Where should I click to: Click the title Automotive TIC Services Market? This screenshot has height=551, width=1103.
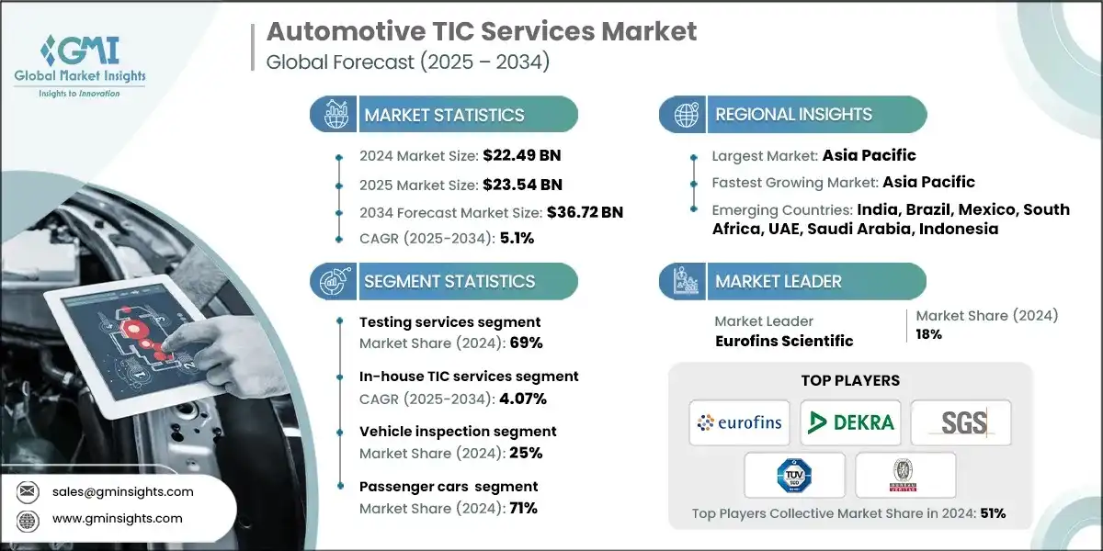pos(481,31)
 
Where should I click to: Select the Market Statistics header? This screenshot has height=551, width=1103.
pos(444,115)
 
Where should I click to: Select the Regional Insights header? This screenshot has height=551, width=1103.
pos(793,115)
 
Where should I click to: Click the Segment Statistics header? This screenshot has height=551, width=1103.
pos(449,281)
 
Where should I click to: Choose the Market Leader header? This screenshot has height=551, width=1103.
pos(778,281)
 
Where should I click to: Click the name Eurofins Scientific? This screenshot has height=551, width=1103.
pos(783,341)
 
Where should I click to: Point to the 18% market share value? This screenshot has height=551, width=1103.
pos(928,334)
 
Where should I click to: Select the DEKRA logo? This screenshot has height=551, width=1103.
pos(850,422)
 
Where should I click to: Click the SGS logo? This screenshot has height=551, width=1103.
pos(961,422)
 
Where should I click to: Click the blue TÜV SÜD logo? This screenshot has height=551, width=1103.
pos(794,475)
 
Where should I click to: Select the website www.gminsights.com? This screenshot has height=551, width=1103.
pos(117,518)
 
